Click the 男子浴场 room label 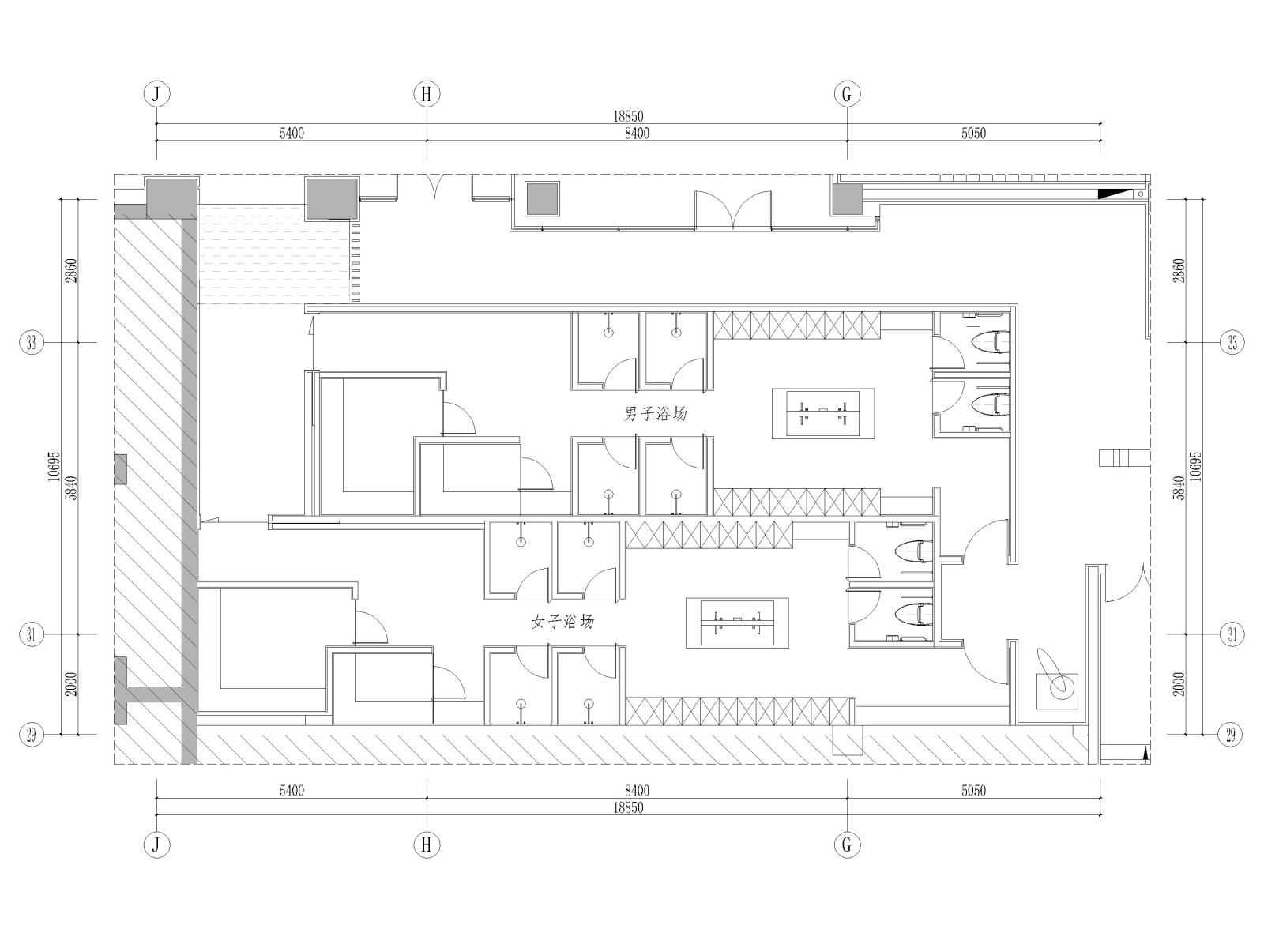(x=656, y=414)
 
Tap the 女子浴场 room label (x=562, y=622)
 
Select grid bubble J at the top (x=156, y=94)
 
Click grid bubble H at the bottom (x=427, y=845)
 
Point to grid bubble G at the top (x=847, y=94)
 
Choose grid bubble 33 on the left (x=32, y=343)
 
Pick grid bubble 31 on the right (x=1232, y=634)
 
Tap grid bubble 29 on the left (x=32, y=735)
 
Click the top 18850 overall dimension (x=628, y=117)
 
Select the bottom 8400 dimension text (x=637, y=790)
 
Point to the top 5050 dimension (x=974, y=134)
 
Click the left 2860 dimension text (x=71, y=270)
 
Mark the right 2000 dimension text (x=1179, y=684)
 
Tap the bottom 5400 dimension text (x=292, y=790)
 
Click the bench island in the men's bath (x=823, y=414)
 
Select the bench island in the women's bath (x=737, y=623)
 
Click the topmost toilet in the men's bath (x=991, y=342)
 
